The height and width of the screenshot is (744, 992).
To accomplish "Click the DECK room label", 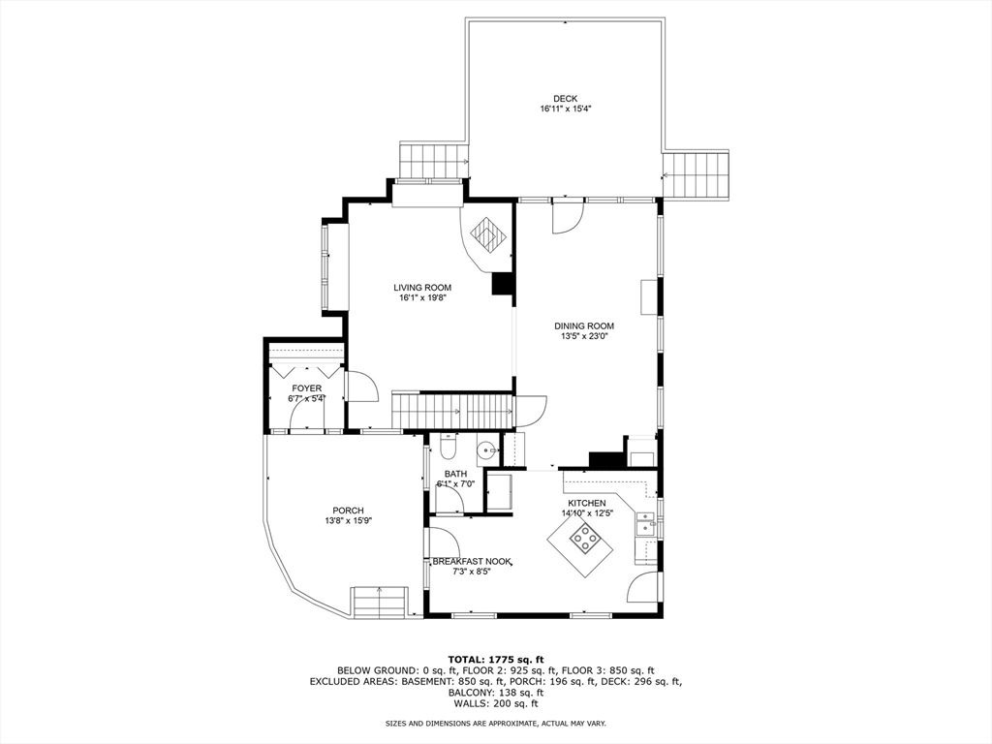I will tap(565, 98).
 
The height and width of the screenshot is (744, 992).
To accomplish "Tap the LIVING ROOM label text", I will tap(422, 287).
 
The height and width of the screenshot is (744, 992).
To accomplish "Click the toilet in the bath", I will tap(447, 447).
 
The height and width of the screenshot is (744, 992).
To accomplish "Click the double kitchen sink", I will tap(645, 524).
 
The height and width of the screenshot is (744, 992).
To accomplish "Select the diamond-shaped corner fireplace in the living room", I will tap(488, 235).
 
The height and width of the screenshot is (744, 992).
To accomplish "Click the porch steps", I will tap(379, 602).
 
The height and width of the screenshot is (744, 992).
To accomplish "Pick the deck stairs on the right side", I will tap(697, 174).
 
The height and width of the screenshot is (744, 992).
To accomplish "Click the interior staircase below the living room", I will tap(452, 410).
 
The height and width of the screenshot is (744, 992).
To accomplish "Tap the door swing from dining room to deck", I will tap(567, 217).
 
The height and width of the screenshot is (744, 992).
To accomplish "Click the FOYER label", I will tap(306, 387).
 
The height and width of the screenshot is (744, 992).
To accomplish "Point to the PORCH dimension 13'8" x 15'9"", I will tap(348, 521).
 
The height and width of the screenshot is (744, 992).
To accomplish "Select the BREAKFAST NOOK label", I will tap(472, 561).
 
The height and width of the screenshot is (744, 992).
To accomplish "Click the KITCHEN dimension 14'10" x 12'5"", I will tap(587, 513).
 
